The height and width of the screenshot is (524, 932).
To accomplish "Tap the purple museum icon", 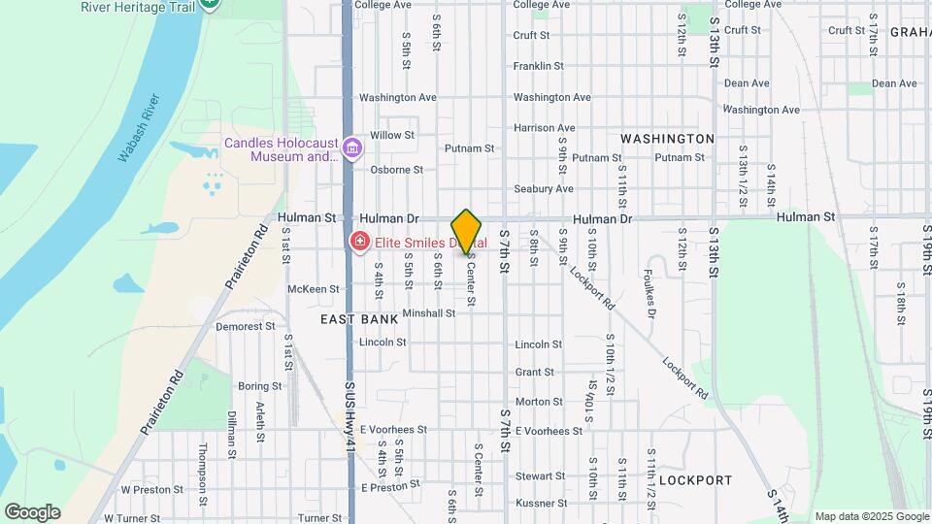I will (x=352, y=148).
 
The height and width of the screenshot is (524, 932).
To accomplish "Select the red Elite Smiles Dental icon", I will (x=359, y=241).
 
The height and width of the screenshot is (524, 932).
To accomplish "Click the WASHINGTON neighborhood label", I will (x=667, y=139).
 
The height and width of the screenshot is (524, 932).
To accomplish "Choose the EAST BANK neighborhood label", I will (x=358, y=318).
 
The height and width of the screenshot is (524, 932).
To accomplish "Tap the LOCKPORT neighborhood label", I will (x=695, y=480).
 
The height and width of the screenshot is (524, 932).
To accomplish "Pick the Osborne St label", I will (x=396, y=170).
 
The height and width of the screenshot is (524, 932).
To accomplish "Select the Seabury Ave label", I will (x=544, y=188).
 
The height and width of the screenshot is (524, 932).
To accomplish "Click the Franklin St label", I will (x=539, y=66).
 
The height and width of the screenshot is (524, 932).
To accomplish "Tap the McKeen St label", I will (x=314, y=289).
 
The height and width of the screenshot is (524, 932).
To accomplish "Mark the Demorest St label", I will (x=240, y=327).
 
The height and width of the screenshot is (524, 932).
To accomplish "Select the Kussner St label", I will (x=540, y=504).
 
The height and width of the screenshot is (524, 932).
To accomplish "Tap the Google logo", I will (x=32, y=511).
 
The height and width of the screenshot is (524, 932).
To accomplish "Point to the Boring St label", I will (x=259, y=385).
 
